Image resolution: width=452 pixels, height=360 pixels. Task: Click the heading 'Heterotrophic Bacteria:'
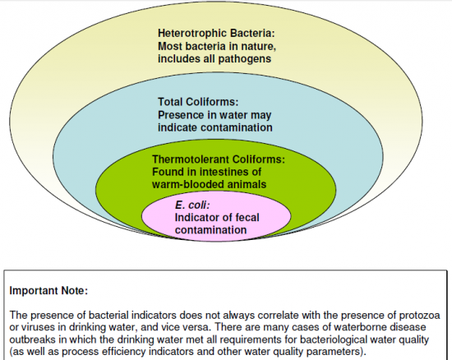[x=216, y=33]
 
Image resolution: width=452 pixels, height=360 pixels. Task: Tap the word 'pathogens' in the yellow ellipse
[x=244, y=59]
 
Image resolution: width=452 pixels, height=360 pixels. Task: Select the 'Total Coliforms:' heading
[x=198, y=102]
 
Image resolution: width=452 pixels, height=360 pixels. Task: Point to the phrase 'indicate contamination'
[x=215, y=127]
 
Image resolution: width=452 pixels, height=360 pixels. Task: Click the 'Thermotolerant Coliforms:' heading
[x=219, y=159]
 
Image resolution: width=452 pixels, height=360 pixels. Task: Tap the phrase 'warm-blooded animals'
[x=209, y=184]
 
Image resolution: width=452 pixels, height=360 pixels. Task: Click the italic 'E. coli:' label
[x=192, y=205]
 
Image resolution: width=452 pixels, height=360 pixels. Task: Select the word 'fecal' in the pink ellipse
[x=247, y=217]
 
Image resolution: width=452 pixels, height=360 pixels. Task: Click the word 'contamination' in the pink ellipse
[x=210, y=230]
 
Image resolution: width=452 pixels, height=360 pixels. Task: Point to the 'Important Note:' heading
[x=48, y=290]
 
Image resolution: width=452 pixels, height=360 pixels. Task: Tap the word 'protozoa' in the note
[x=419, y=316]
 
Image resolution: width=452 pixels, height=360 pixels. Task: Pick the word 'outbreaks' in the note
[x=33, y=339]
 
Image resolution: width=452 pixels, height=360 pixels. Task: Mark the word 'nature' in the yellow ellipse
[x=258, y=46]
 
